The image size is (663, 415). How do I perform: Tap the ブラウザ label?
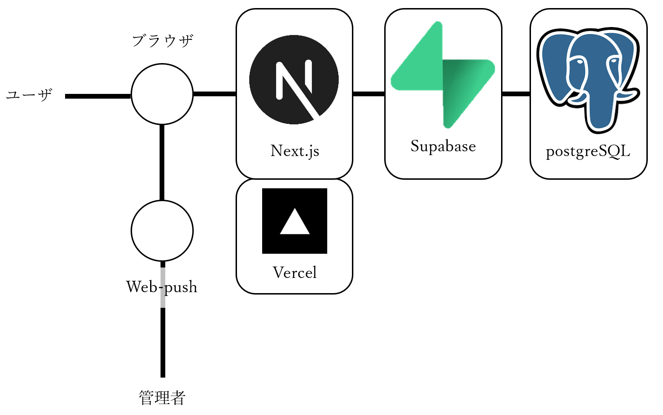coord(162,41)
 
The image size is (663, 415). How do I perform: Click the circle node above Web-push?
coord(162,231)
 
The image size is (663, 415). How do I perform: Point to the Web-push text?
coord(161,287)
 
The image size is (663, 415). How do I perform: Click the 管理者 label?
coord(162,397)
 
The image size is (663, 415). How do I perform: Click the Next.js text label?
coord(294,151)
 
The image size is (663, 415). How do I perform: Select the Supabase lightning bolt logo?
coord(443,75)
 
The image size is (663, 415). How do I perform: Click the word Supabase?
coord(443,146)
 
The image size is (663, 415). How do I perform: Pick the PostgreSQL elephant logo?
coord(588,78)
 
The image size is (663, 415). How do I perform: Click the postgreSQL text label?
coord(588,152)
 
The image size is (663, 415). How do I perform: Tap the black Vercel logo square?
coord(294,221)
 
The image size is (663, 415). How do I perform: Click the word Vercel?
coord(294,273)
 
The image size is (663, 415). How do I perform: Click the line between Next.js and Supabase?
coord(369,94)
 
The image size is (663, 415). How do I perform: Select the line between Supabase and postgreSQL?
coord(516,94)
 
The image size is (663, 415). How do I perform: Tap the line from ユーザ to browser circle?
coord(98,96)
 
